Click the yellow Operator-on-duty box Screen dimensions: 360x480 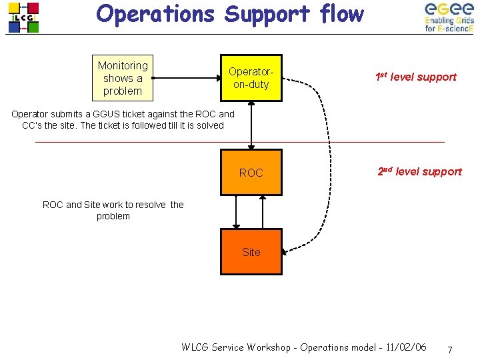251,77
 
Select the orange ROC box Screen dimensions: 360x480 251,173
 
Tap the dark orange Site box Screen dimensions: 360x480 251,252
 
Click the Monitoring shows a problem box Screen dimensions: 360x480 123,77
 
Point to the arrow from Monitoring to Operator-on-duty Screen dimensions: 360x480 187,77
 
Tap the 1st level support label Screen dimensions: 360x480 415,77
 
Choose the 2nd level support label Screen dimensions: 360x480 419,171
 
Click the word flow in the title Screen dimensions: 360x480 342,14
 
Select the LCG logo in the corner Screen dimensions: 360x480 23,17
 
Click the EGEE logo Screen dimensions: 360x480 449,17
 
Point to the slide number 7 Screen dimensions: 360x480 450,350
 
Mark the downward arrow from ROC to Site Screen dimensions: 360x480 235,212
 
